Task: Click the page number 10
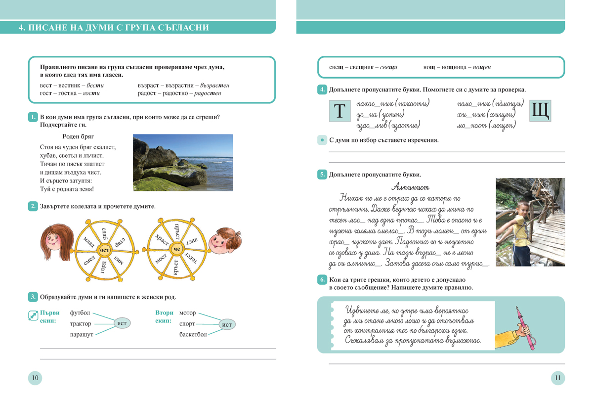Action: [x=35, y=379]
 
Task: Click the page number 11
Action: [x=557, y=379]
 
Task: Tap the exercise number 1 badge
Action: [x=33, y=117]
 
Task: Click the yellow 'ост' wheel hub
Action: [x=104, y=250]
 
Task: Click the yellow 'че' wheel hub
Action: [x=176, y=250]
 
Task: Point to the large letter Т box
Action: [x=339, y=112]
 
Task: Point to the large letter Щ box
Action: [x=540, y=111]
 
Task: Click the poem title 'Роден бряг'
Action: [x=78, y=136]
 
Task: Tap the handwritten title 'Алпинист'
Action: [x=410, y=187]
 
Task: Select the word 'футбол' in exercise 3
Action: [x=81, y=313]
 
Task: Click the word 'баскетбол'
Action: [x=193, y=335]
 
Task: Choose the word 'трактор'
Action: [x=81, y=324]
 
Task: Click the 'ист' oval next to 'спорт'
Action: [x=227, y=324]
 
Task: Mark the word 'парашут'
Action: [x=82, y=335]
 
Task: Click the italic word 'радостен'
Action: [x=208, y=93]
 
